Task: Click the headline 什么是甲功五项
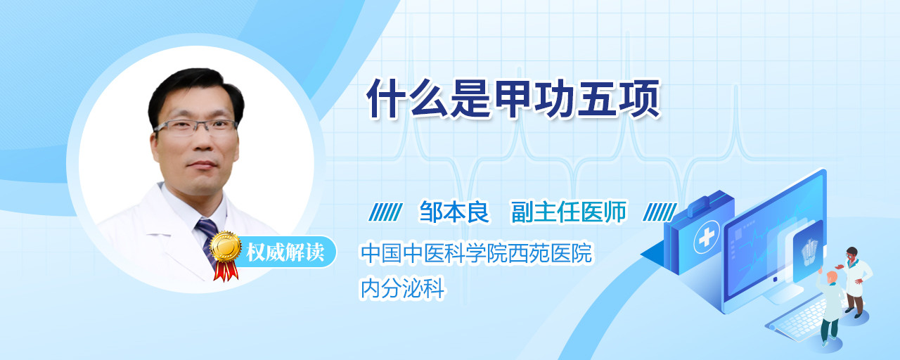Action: pyautogui.click(x=513, y=99)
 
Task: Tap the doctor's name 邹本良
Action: pyautogui.click(x=454, y=212)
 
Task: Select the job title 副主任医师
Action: pyautogui.click(x=569, y=212)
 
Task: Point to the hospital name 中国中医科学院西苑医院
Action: pyautogui.click(x=476, y=252)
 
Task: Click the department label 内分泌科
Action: pyautogui.click(x=402, y=288)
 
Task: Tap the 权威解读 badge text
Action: pyautogui.click(x=285, y=252)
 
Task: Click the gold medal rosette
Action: pyautogui.click(x=226, y=246)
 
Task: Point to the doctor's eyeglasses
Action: pyautogui.click(x=195, y=127)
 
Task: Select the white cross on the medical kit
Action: pyautogui.click(x=707, y=237)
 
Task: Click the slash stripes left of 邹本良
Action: pyautogui.click(x=385, y=212)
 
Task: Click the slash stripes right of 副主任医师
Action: pyautogui.click(x=660, y=212)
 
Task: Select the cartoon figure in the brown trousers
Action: pyautogui.click(x=855, y=282)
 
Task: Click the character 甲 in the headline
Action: pyautogui.click(x=513, y=99)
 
